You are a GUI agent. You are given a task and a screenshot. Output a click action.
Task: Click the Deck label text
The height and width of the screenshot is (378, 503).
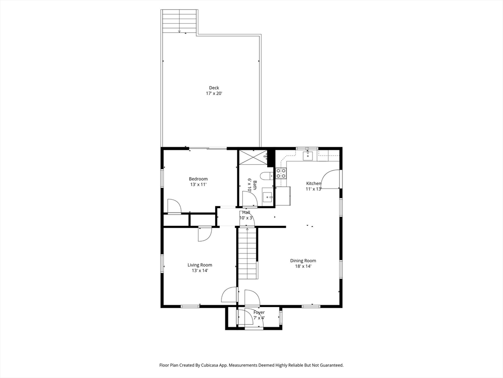pos(214,88)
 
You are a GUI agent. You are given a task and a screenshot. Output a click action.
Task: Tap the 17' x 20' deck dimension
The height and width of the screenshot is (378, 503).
pos(214,94)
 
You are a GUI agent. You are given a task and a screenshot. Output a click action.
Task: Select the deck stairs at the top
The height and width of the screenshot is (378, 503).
pos(179,22)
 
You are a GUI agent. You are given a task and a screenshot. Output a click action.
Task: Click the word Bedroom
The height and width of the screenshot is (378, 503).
pos(198,179)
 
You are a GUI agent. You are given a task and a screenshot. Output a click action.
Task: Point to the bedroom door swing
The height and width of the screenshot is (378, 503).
pos(174,206)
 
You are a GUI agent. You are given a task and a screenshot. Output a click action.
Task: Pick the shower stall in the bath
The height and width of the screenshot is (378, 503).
pos(252,157)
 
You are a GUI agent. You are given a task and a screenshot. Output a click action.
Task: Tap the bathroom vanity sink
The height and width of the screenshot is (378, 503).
pos(267,195)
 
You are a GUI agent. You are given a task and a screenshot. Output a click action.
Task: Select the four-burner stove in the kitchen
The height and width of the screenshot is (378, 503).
pos(281,173)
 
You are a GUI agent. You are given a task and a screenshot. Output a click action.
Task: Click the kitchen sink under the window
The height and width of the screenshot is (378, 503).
pos(308,156)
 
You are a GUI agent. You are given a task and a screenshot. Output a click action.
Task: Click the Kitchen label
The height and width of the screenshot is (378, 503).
pos(313,184)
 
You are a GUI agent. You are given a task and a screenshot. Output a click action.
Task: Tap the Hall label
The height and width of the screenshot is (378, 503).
pos(246,212)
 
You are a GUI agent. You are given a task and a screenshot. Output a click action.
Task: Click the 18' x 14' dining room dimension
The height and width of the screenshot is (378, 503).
pos(303,266)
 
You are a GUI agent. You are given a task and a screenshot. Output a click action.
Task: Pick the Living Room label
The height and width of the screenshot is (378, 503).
pos(199,265)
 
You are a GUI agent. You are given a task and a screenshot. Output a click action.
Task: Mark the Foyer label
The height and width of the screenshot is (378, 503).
pos(258,313)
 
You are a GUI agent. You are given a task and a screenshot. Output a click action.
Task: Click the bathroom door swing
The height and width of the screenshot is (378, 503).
pos(249,199)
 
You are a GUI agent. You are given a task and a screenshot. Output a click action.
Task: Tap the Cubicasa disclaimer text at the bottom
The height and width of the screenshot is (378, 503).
pos(251,365)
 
